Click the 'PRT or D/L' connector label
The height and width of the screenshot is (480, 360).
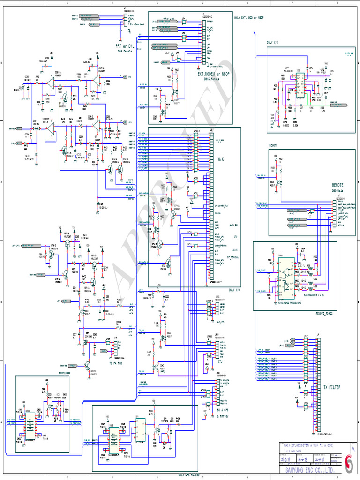[x=125, y=46]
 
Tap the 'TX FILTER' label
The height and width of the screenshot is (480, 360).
[x=332, y=387]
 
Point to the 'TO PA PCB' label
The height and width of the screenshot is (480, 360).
[x=117, y=363]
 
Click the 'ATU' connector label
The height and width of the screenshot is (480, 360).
[x=220, y=362]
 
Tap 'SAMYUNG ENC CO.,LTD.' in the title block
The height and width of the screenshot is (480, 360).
[x=310, y=469]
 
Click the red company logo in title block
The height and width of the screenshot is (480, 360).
[x=349, y=465]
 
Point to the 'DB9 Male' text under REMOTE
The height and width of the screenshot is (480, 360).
[x=338, y=191]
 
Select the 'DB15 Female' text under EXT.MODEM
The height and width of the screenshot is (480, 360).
[x=212, y=79]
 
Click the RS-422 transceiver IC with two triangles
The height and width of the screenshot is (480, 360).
[x=286, y=279]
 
